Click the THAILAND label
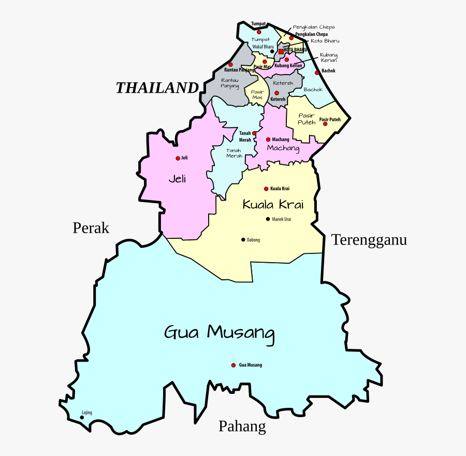point(157,88)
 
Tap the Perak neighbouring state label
point(91,228)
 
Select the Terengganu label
point(369,240)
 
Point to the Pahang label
point(242,426)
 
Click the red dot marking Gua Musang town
point(234,365)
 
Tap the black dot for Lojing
point(82,417)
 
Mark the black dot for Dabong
point(243,239)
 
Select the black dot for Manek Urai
point(268,219)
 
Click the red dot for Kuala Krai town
point(266,189)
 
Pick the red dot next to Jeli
point(178,158)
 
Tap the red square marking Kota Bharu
point(281,52)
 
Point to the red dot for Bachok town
point(317,73)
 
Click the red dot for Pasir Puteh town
point(325,124)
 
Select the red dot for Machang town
point(268,139)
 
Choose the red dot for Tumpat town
point(259,32)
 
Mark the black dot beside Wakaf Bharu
point(272,51)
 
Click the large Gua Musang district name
point(219,332)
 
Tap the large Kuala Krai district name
point(273,205)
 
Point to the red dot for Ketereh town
point(276,93)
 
